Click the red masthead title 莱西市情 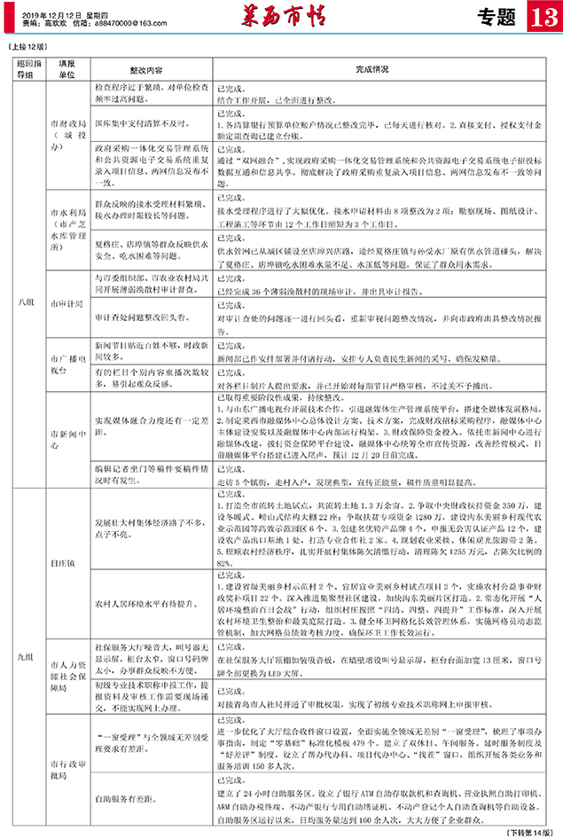tap(279, 17)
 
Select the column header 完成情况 tap(372, 67)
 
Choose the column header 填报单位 tap(66, 69)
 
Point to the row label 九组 tap(26, 656)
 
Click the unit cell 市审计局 tap(66, 302)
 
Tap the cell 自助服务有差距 tap(127, 798)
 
